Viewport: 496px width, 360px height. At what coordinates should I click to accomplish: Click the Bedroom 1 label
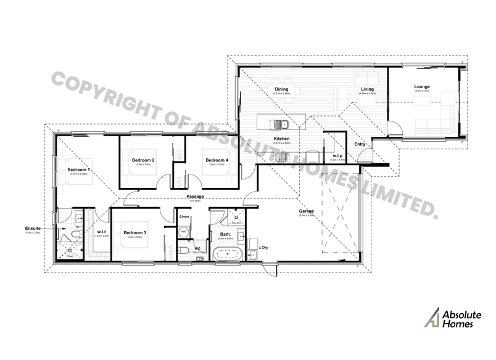[79, 170]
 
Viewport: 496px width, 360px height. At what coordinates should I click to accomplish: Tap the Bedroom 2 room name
[143, 160]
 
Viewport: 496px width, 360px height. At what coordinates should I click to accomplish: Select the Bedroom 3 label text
[134, 232]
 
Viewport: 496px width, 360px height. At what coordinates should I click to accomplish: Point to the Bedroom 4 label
[217, 160]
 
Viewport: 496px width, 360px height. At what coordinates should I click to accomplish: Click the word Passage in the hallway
[196, 197]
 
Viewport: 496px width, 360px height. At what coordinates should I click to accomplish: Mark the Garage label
[307, 211]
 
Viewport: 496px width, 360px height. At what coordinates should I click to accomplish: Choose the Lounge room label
[422, 87]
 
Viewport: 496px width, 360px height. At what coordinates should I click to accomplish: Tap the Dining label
[281, 89]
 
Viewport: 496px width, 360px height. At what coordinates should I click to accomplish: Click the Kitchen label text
[281, 139]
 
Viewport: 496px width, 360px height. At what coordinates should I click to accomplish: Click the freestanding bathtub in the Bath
[226, 253]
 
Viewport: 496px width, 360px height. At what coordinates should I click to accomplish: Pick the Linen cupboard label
[184, 218]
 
